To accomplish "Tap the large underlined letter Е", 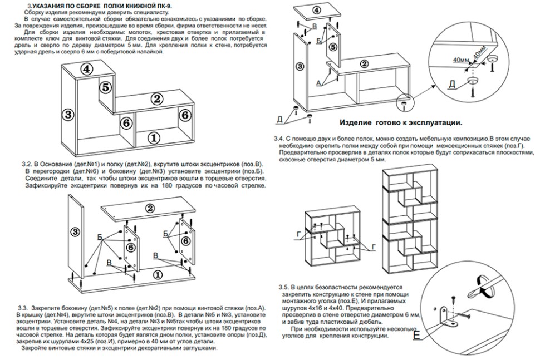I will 416,334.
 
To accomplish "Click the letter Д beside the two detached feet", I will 279,119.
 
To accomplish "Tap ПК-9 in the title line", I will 163,4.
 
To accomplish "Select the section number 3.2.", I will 27,165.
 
